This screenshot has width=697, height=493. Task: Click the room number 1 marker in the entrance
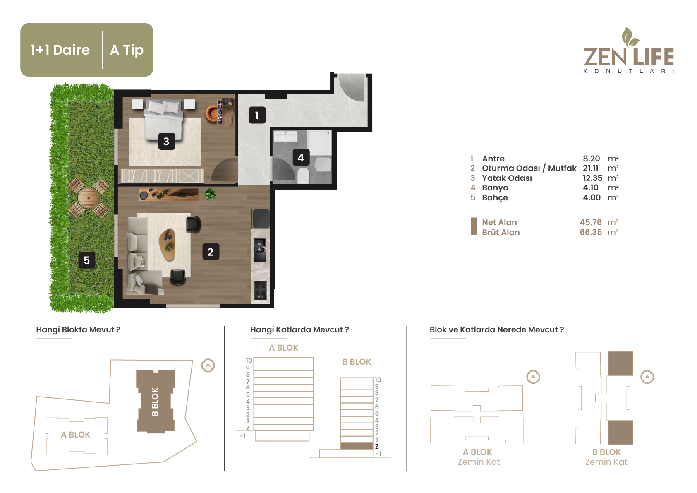tap(257, 115)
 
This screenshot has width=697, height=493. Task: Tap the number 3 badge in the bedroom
tap(166, 142)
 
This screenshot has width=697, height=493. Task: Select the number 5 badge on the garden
tap(87, 260)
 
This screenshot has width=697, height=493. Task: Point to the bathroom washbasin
tap(286, 137)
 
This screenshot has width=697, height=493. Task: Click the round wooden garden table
tap(89, 197)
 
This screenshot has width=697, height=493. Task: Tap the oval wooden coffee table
tap(168, 245)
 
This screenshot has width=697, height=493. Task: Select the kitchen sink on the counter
tap(260, 250)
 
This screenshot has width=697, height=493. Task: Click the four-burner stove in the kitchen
tap(261, 290)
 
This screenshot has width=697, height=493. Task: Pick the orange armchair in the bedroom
tap(213, 113)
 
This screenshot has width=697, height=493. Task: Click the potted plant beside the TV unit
tap(211, 194)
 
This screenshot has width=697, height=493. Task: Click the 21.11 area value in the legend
tap(591, 168)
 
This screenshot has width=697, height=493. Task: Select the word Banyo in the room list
tap(495, 188)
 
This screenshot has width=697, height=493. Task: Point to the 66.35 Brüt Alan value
tap(591, 232)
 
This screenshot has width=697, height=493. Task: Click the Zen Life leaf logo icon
tap(630, 37)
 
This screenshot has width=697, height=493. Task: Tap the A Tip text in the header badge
tap(127, 50)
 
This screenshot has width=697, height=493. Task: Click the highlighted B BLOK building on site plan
tap(156, 402)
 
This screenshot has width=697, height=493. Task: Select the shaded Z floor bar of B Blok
tap(357, 446)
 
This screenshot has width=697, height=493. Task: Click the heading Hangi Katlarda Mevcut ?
tap(299, 330)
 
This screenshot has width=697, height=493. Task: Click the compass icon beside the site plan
tap(208, 366)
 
